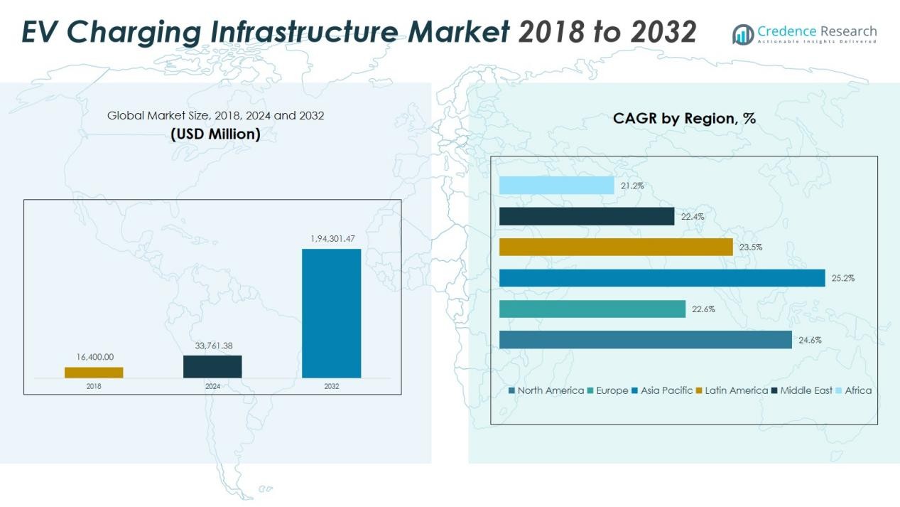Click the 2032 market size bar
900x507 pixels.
click(331, 313)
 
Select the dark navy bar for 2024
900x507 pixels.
click(212, 366)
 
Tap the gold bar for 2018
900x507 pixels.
click(94, 372)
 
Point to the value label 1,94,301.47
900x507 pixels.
click(332, 239)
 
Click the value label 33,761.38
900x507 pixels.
click(213, 346)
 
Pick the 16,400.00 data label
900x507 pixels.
click(94, 357)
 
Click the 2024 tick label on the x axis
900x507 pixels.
click(212, 386)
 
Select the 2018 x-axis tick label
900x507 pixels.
click(94, 386)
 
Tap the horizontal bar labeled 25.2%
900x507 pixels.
click(661, 278)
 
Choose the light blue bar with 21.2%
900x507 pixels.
click(556, 186)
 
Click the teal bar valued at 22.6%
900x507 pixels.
click(592, 309)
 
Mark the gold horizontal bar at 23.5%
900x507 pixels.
click(615, 247)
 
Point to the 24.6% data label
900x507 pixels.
click(810, 340)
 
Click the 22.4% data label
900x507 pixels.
click(693, 216)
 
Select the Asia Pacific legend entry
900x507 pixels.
click(662, 390)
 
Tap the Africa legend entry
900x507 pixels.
click(853, 390)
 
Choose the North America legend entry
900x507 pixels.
click(546, 390)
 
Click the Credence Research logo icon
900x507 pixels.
click(743, 34)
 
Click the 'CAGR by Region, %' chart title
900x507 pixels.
click(684, 119)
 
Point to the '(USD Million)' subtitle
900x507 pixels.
click(215, 134)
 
